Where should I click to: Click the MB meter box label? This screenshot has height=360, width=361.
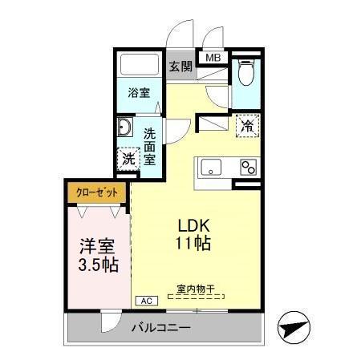[214, 58]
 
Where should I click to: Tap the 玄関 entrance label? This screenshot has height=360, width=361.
[181, 67]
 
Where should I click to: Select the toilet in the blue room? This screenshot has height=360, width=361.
[246, 74]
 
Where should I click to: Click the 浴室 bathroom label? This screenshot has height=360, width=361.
[139, 92]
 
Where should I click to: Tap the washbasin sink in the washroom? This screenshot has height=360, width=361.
[126, 128]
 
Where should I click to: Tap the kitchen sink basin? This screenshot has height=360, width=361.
[212, 168]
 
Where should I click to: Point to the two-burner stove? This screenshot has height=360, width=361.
[247, 168]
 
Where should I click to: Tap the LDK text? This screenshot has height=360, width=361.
[193, 226]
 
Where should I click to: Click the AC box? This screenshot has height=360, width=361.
[147, 301]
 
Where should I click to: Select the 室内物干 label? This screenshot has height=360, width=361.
[197, 289]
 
